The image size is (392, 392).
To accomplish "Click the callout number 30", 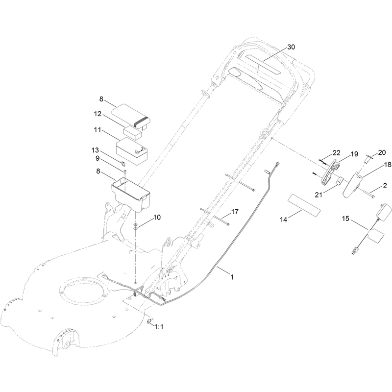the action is [291, 47].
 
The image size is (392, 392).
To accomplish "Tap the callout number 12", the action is [98, 114].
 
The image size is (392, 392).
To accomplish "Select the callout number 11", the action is [98, 130].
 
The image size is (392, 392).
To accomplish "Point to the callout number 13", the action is [95, 150].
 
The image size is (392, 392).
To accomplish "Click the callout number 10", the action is [157, 218].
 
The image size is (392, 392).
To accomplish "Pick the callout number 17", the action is [235, 212].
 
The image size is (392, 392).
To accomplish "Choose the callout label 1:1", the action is [159, 327].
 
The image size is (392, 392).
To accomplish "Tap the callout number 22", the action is [337, 153].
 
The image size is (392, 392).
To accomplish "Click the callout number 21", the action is [318, 195].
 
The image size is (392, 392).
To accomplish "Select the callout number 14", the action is [284, 220].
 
